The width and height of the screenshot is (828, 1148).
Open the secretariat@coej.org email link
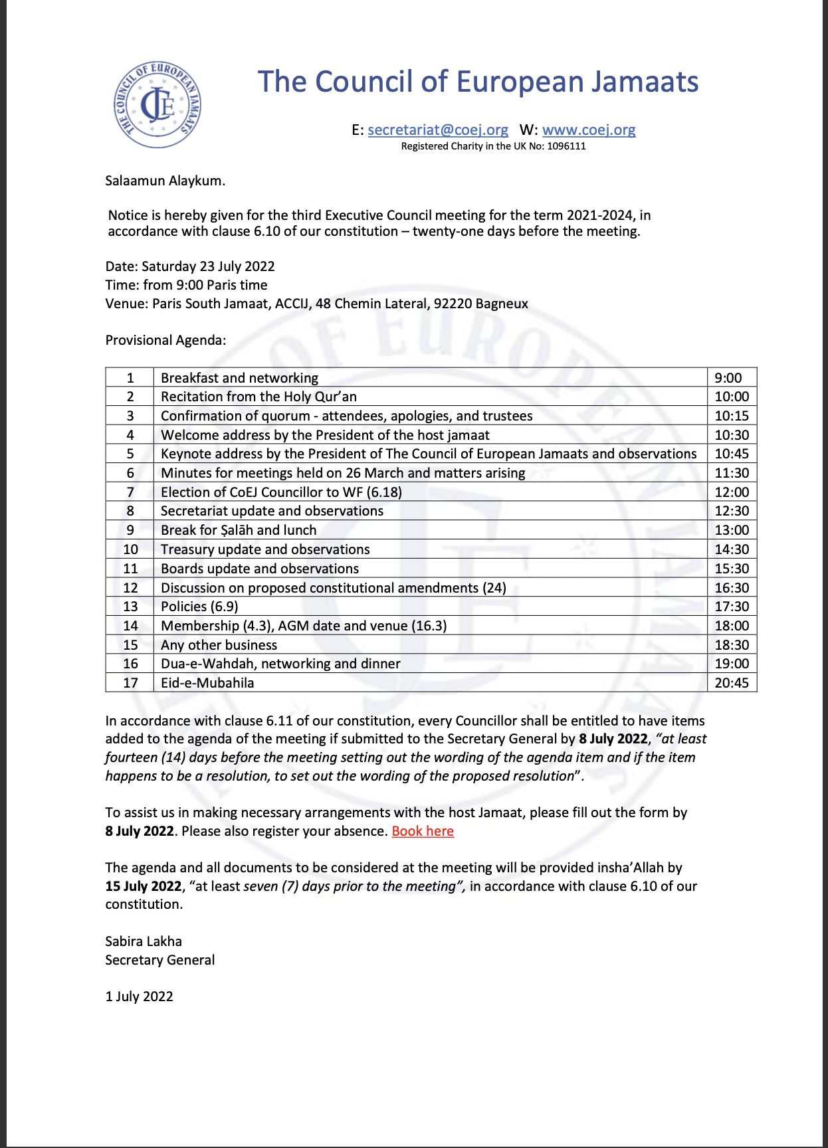click(438, 130)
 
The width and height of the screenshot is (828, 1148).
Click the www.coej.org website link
click(589, 130)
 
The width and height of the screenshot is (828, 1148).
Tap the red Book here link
click(423, 831)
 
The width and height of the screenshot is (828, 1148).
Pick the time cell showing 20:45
click(732, 683)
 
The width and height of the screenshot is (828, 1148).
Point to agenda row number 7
click(130, 492)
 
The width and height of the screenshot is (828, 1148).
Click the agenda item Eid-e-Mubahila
click(207, 683)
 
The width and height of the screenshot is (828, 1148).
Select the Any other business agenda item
click(219, 645)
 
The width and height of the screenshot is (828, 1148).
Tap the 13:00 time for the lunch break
click(732, 530)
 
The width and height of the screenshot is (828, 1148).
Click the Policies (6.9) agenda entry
click(199, 607)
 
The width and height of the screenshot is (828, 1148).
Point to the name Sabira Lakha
click(144, 941)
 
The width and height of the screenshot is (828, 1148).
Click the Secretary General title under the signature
click(160, 960)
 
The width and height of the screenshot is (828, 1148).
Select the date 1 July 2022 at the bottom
click(139, 997)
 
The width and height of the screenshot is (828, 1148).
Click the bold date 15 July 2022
click(144, 886)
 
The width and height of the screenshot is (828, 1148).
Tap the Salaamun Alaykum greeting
click(165, 181)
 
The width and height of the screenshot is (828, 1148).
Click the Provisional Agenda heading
click(165, 340)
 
